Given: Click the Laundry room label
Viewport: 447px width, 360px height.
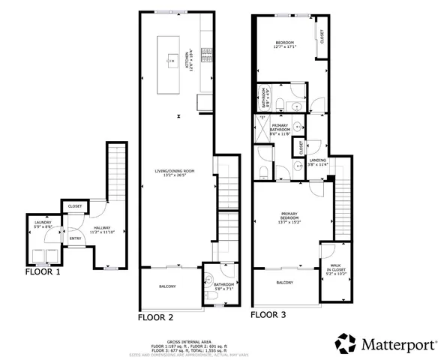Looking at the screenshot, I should pyautogui.click(x=41, y=225).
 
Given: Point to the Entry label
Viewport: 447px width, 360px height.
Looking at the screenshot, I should pyautogui.click(x=75, y=239).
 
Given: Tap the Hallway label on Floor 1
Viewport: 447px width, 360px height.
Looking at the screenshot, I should pyautogui.click(x=102, y=229).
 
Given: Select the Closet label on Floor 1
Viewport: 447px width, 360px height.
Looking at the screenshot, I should pyautogui.click(x=76, y=206).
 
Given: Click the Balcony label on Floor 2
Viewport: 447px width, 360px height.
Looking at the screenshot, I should pyautogui.click(x=167, y=286).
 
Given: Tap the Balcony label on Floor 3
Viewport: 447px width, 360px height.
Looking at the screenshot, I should pyautogui.click(x=284, y=282).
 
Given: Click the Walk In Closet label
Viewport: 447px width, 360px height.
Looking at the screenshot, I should pyautogui.click(x=334, y=270).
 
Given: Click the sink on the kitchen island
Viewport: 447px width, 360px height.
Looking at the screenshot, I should pyautogui.click(x=172, y=57).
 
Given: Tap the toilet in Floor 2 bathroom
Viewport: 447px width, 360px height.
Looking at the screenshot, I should pyautogui.click(x=211, y=295).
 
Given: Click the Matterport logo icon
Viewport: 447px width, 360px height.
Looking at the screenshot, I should pyautogui.click(x=346, y=344).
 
